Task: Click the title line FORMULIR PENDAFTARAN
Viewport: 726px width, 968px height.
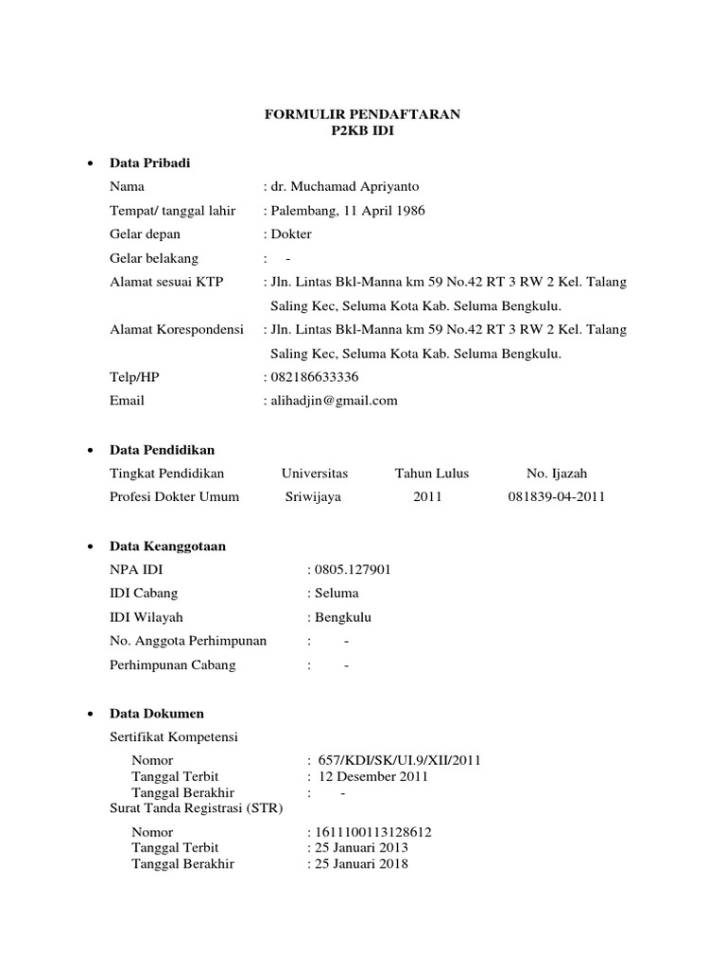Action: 362,114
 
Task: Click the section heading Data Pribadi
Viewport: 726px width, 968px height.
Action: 149,164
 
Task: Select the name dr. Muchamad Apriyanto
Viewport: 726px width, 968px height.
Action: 347,187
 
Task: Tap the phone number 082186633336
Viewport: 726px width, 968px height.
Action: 315,376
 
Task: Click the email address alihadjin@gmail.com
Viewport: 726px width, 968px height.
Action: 334,400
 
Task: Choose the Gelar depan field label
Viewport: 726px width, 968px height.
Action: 145,234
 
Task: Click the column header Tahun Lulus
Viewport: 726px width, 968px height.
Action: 431,473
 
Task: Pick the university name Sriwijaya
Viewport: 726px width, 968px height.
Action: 314,496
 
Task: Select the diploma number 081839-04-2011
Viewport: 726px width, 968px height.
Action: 556,496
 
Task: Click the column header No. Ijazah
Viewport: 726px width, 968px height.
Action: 557,473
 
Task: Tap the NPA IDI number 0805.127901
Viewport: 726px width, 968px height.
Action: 353,570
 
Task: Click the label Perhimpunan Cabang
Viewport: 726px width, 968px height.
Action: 173,665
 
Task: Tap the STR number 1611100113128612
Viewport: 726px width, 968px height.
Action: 373,832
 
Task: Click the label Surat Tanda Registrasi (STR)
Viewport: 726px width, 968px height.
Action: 196,808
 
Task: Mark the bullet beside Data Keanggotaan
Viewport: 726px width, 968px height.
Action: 88,546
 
